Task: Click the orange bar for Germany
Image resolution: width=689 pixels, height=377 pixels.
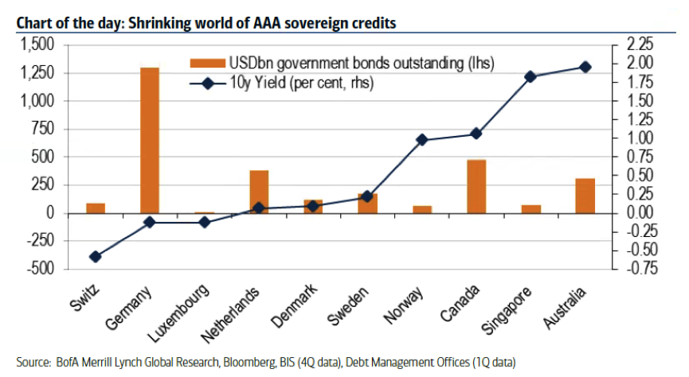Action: tap(150, 140)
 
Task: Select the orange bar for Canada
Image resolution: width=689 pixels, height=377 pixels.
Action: tap(476, 187)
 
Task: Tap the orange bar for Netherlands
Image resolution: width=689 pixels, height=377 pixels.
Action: tap(259, 192)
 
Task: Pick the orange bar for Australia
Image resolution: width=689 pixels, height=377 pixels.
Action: tap(585, 196)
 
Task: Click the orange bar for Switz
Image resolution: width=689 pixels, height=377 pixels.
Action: tap(96, 208)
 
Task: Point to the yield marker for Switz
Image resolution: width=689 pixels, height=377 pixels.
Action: tap(96, 257)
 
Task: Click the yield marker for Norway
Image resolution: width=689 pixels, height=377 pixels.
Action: tap(422, 140)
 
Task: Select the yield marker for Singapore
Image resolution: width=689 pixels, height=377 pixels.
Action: tap(530, 76)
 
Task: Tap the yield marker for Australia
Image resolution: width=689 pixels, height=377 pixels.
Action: tap(585, 67)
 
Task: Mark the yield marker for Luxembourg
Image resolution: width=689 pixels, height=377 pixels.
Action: tap(204, 222)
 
